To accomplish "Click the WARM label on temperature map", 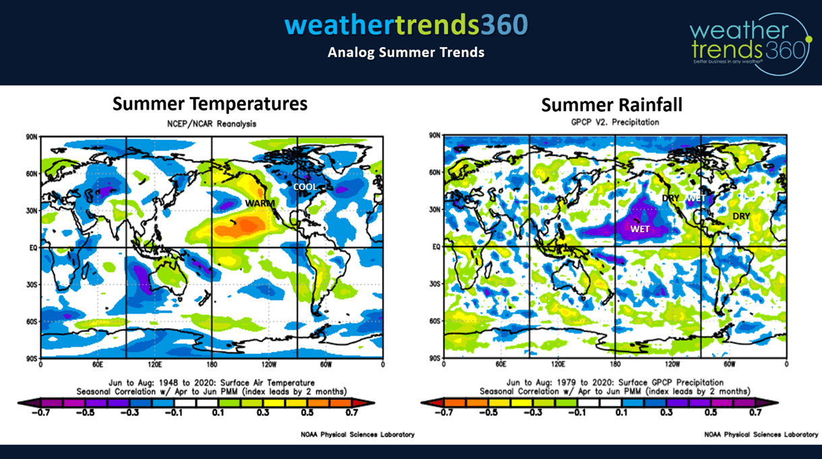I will point(256,203).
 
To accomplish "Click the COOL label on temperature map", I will point(305,186).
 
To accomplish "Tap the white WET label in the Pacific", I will point(639,229).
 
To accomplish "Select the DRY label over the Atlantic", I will point(741,216).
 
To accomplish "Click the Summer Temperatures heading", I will point(210,104).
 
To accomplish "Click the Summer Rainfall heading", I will point(612,105).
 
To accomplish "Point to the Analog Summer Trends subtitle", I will point(406,52).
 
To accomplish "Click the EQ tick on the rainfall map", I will point(436,247).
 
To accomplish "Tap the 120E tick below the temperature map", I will point(154,364).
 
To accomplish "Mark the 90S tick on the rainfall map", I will point(435,358).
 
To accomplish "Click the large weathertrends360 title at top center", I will point(406,25).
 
